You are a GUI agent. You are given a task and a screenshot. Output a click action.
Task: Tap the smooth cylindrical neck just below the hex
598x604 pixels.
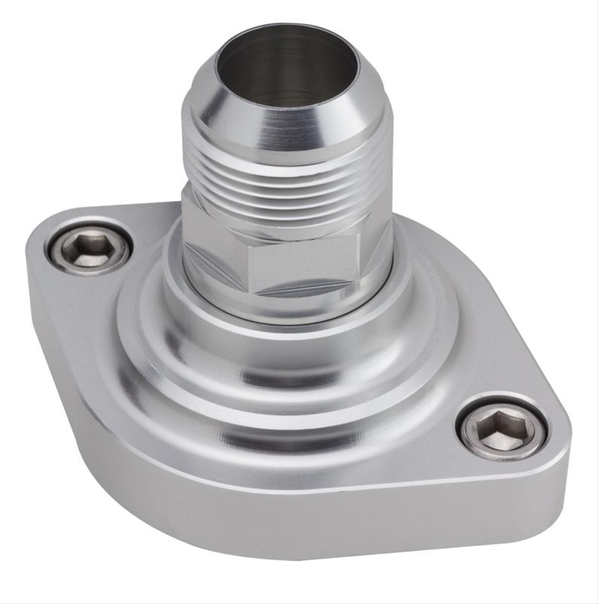click(x=287, y=310)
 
